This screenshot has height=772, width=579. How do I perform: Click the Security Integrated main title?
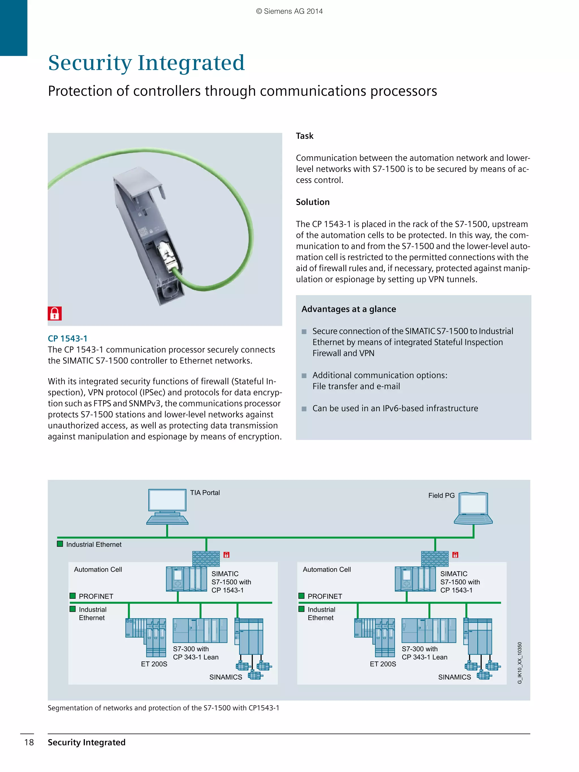tap(146, 63)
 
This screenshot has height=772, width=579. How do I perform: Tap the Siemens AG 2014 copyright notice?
tap(289, 11)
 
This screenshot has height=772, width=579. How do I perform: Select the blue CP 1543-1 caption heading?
tap(67, 338)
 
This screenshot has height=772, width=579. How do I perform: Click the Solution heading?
tap(312, 202)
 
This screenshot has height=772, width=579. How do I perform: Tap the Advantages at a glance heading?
tap(348, 309)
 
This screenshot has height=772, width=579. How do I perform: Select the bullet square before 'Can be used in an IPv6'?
tap(304, 409)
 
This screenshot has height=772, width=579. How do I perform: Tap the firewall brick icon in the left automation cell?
tap(206, 558)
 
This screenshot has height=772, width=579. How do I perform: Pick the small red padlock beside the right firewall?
tap(455, 555)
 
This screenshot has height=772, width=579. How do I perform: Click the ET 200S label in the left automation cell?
tap(154, 664)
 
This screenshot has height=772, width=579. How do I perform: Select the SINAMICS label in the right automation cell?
tap(454, 677)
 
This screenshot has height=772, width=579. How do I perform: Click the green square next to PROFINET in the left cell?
tap(73, 596)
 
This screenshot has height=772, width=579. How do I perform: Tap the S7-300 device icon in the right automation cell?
tap(429, 630)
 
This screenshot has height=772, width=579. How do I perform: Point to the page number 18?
tap(29, 742)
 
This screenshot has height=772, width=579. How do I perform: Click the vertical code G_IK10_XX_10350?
tap(520, 663)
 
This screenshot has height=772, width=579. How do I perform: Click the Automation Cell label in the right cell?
tap(327, 569)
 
